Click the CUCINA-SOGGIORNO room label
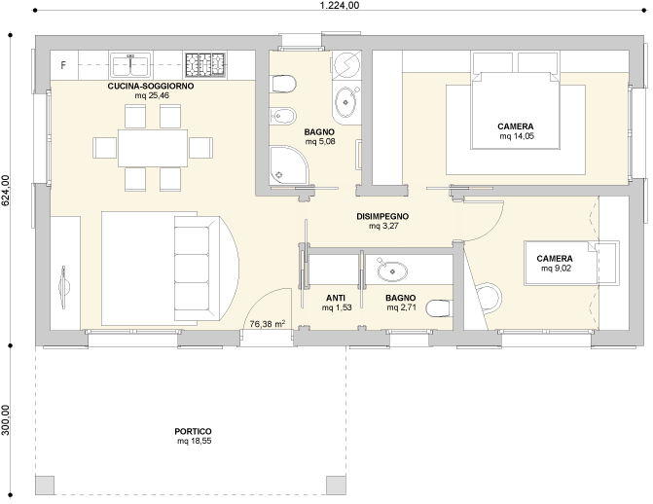151,87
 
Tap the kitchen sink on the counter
130,64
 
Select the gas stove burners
205,64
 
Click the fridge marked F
63,65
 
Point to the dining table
153,148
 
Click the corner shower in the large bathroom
288,164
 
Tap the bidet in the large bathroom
283,116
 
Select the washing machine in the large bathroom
346,65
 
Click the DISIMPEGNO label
382,216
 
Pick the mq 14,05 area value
517,136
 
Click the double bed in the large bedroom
516,110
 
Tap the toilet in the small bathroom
439,308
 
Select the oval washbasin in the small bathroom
392,270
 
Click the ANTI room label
335,298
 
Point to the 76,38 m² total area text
268,323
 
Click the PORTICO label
193,432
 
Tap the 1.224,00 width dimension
340,5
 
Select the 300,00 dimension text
6,420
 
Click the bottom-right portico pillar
336,486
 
